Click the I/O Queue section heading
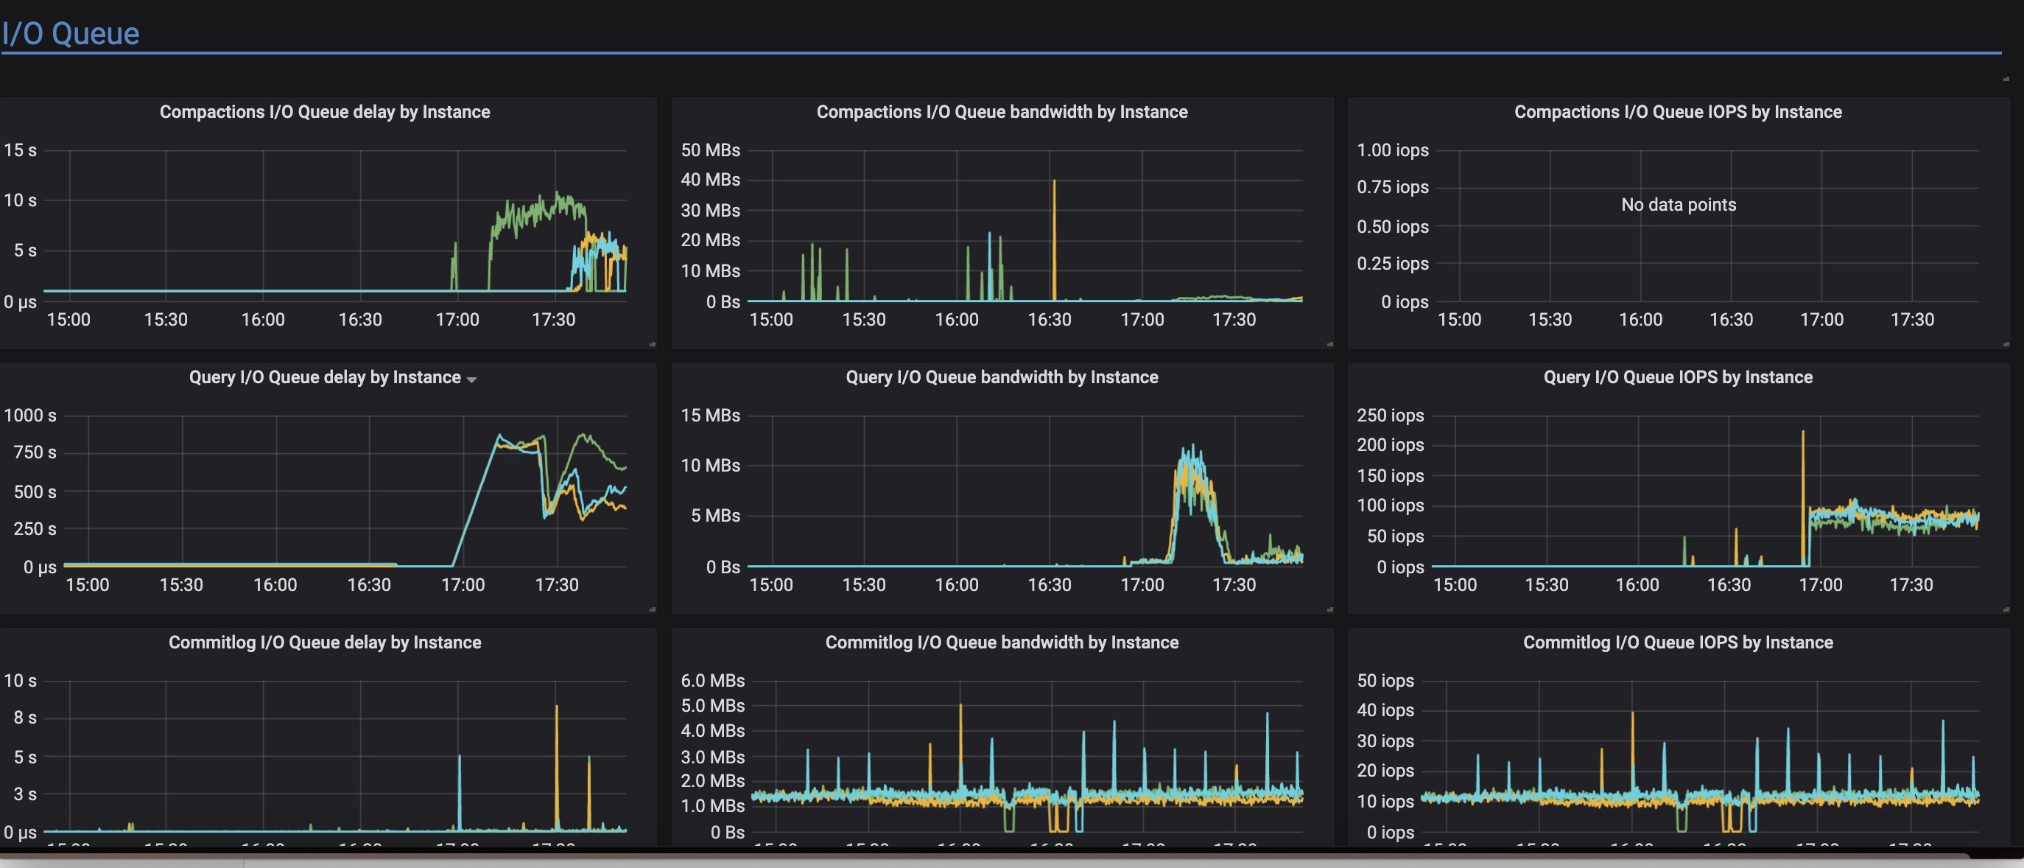[71, 34]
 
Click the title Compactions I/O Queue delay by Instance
[325, 112]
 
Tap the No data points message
[1679, 204]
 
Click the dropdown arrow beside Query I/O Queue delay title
[471, 379]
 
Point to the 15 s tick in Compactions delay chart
[21, 150]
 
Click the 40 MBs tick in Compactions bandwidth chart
[709, 180]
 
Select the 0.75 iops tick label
[1392, 187]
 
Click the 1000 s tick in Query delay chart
[30, 415]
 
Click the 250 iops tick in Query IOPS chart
[1390, 415]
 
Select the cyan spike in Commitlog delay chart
[460, 786]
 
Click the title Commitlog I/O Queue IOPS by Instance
[1678, 643]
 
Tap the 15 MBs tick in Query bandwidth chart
[709, 415]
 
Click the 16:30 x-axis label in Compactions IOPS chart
[1731, 320]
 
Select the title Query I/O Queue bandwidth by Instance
[1001, 377]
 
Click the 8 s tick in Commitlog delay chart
[24, 718]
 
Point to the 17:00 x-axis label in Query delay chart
[462, 585]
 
